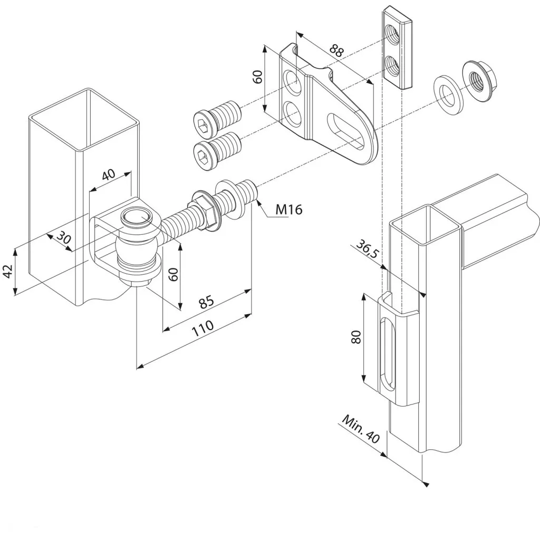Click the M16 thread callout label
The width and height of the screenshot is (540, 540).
289,209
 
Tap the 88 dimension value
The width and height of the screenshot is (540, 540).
336,51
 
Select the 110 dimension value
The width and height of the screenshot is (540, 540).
202,329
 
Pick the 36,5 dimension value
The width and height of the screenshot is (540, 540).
367,249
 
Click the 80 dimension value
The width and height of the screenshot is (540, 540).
355,336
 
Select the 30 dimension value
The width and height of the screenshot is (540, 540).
64,237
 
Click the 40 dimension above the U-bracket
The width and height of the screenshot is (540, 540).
109,175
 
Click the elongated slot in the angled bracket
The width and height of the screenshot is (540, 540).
345,131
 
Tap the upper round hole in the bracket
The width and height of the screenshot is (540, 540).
292,81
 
